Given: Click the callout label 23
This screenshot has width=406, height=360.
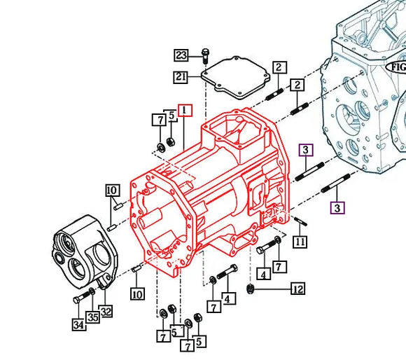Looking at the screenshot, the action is (x=181, y=55).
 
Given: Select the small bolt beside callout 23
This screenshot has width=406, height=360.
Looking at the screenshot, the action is (x=205, y=56).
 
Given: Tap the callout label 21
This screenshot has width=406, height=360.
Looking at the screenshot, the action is (x=181, y=77).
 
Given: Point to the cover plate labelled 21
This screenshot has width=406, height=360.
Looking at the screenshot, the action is (x=236, y=78).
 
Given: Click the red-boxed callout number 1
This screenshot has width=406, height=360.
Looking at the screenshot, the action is (x=185, y=110).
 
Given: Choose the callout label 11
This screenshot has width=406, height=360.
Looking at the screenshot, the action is (x=300, y=242).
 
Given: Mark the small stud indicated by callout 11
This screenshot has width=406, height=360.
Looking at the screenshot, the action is (x=300, y=221).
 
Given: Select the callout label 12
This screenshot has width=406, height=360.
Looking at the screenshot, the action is (x=298, y=289).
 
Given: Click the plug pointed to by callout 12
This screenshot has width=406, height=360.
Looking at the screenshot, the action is (x=250, y=288).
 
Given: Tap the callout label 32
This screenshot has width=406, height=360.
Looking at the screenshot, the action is (x=106, y=311).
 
